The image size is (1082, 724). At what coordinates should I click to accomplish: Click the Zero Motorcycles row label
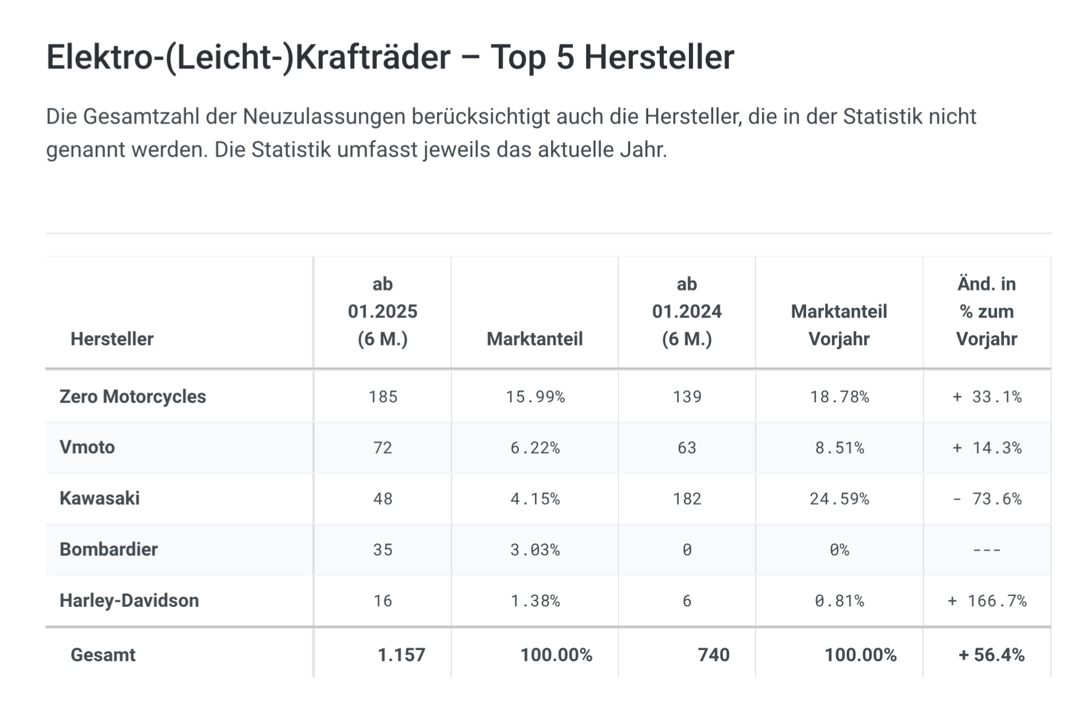[x=133, y=397]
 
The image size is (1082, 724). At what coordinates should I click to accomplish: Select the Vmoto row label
[x=87, y=447]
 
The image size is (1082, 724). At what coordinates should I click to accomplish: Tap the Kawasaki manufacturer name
[x=99, y=498]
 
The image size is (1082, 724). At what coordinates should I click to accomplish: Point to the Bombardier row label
[x=109, y=549]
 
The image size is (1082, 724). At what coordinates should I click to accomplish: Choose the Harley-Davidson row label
[x=129, y=601]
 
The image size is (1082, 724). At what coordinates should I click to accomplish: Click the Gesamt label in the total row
[x=103, y=655]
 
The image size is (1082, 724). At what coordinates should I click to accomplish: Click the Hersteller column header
[x=112, y=339]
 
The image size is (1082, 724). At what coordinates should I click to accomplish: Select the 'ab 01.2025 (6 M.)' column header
[x=383, y=312]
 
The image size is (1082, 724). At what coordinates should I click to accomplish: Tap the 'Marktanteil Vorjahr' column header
[x=839, y=325]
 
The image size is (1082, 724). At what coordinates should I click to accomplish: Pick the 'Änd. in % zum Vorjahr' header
[x=987, y=312]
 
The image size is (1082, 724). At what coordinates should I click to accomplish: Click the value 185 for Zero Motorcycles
[x=383, y=397]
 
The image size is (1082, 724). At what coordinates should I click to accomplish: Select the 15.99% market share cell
[x=536, y=397]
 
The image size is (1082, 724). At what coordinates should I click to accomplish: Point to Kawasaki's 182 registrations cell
[x=687, y=498]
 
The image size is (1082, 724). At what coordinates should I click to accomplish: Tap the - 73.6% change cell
[x=987, y=498]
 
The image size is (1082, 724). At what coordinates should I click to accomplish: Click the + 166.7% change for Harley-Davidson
[x=987, y=601]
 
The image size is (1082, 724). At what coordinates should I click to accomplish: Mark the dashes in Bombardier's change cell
[x=987, y=549]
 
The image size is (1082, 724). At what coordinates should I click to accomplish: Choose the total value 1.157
[x=401, y=655]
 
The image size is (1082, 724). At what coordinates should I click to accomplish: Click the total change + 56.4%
[x=991, y=655]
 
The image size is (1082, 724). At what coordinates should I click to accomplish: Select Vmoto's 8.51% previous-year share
[x=840, y=447]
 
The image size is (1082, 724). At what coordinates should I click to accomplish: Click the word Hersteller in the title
[x=659, y=57]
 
